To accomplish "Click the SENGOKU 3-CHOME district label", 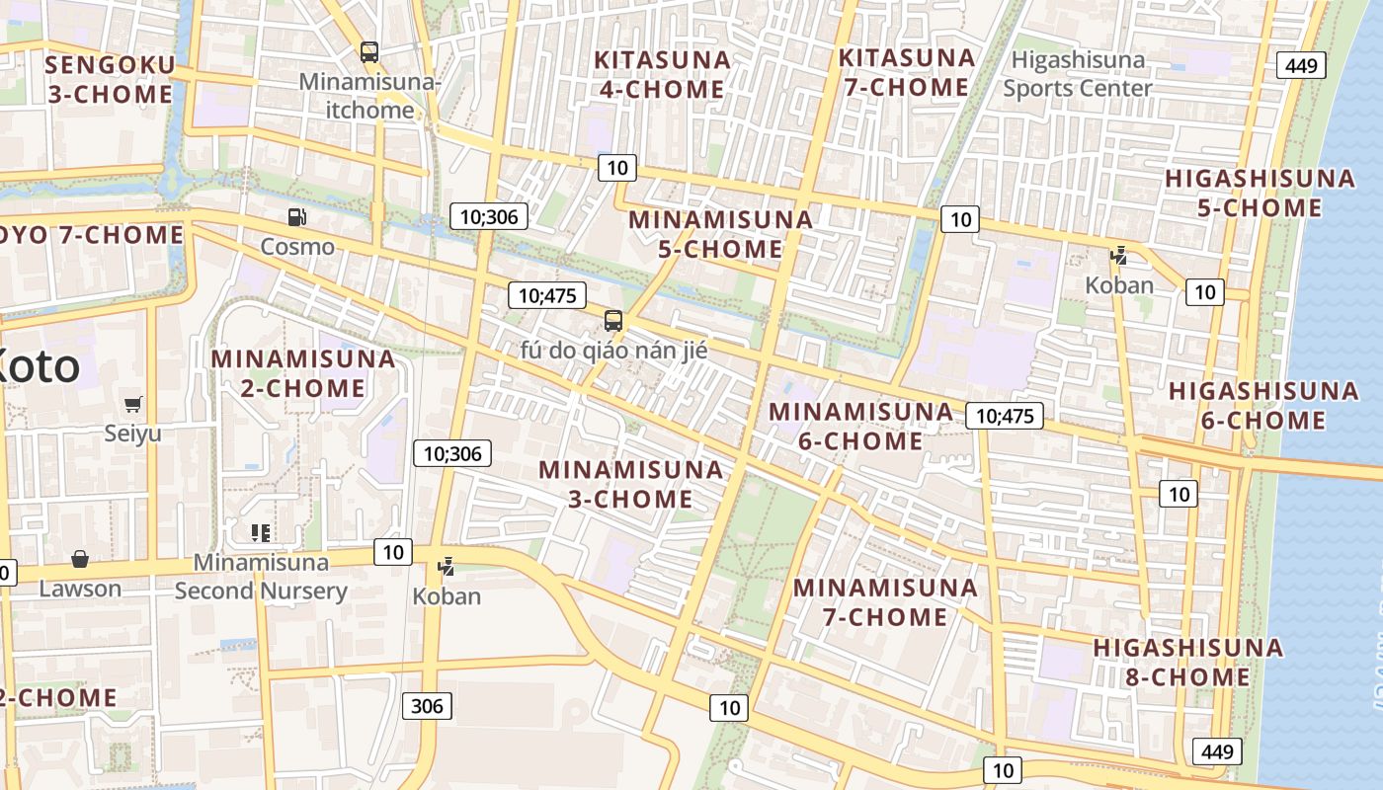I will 110,81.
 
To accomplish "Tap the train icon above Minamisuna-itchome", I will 369,52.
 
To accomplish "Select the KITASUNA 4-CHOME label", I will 662,75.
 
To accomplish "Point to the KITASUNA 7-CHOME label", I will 906,73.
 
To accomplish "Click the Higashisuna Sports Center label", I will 1078,74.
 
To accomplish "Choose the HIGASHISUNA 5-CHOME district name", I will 1260,194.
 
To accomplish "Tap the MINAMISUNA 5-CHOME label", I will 721,234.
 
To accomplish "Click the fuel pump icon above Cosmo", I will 296,217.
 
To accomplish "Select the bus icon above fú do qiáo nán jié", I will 613,321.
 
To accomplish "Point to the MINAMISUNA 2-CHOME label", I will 303,373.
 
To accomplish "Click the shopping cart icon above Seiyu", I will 133,404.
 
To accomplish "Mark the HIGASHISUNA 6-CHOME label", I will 1263,406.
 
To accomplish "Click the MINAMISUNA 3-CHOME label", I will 631,484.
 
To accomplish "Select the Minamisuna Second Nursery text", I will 261,577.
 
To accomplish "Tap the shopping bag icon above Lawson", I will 80,560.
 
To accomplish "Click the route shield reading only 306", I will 427,706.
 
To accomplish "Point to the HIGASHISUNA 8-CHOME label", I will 1187,663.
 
